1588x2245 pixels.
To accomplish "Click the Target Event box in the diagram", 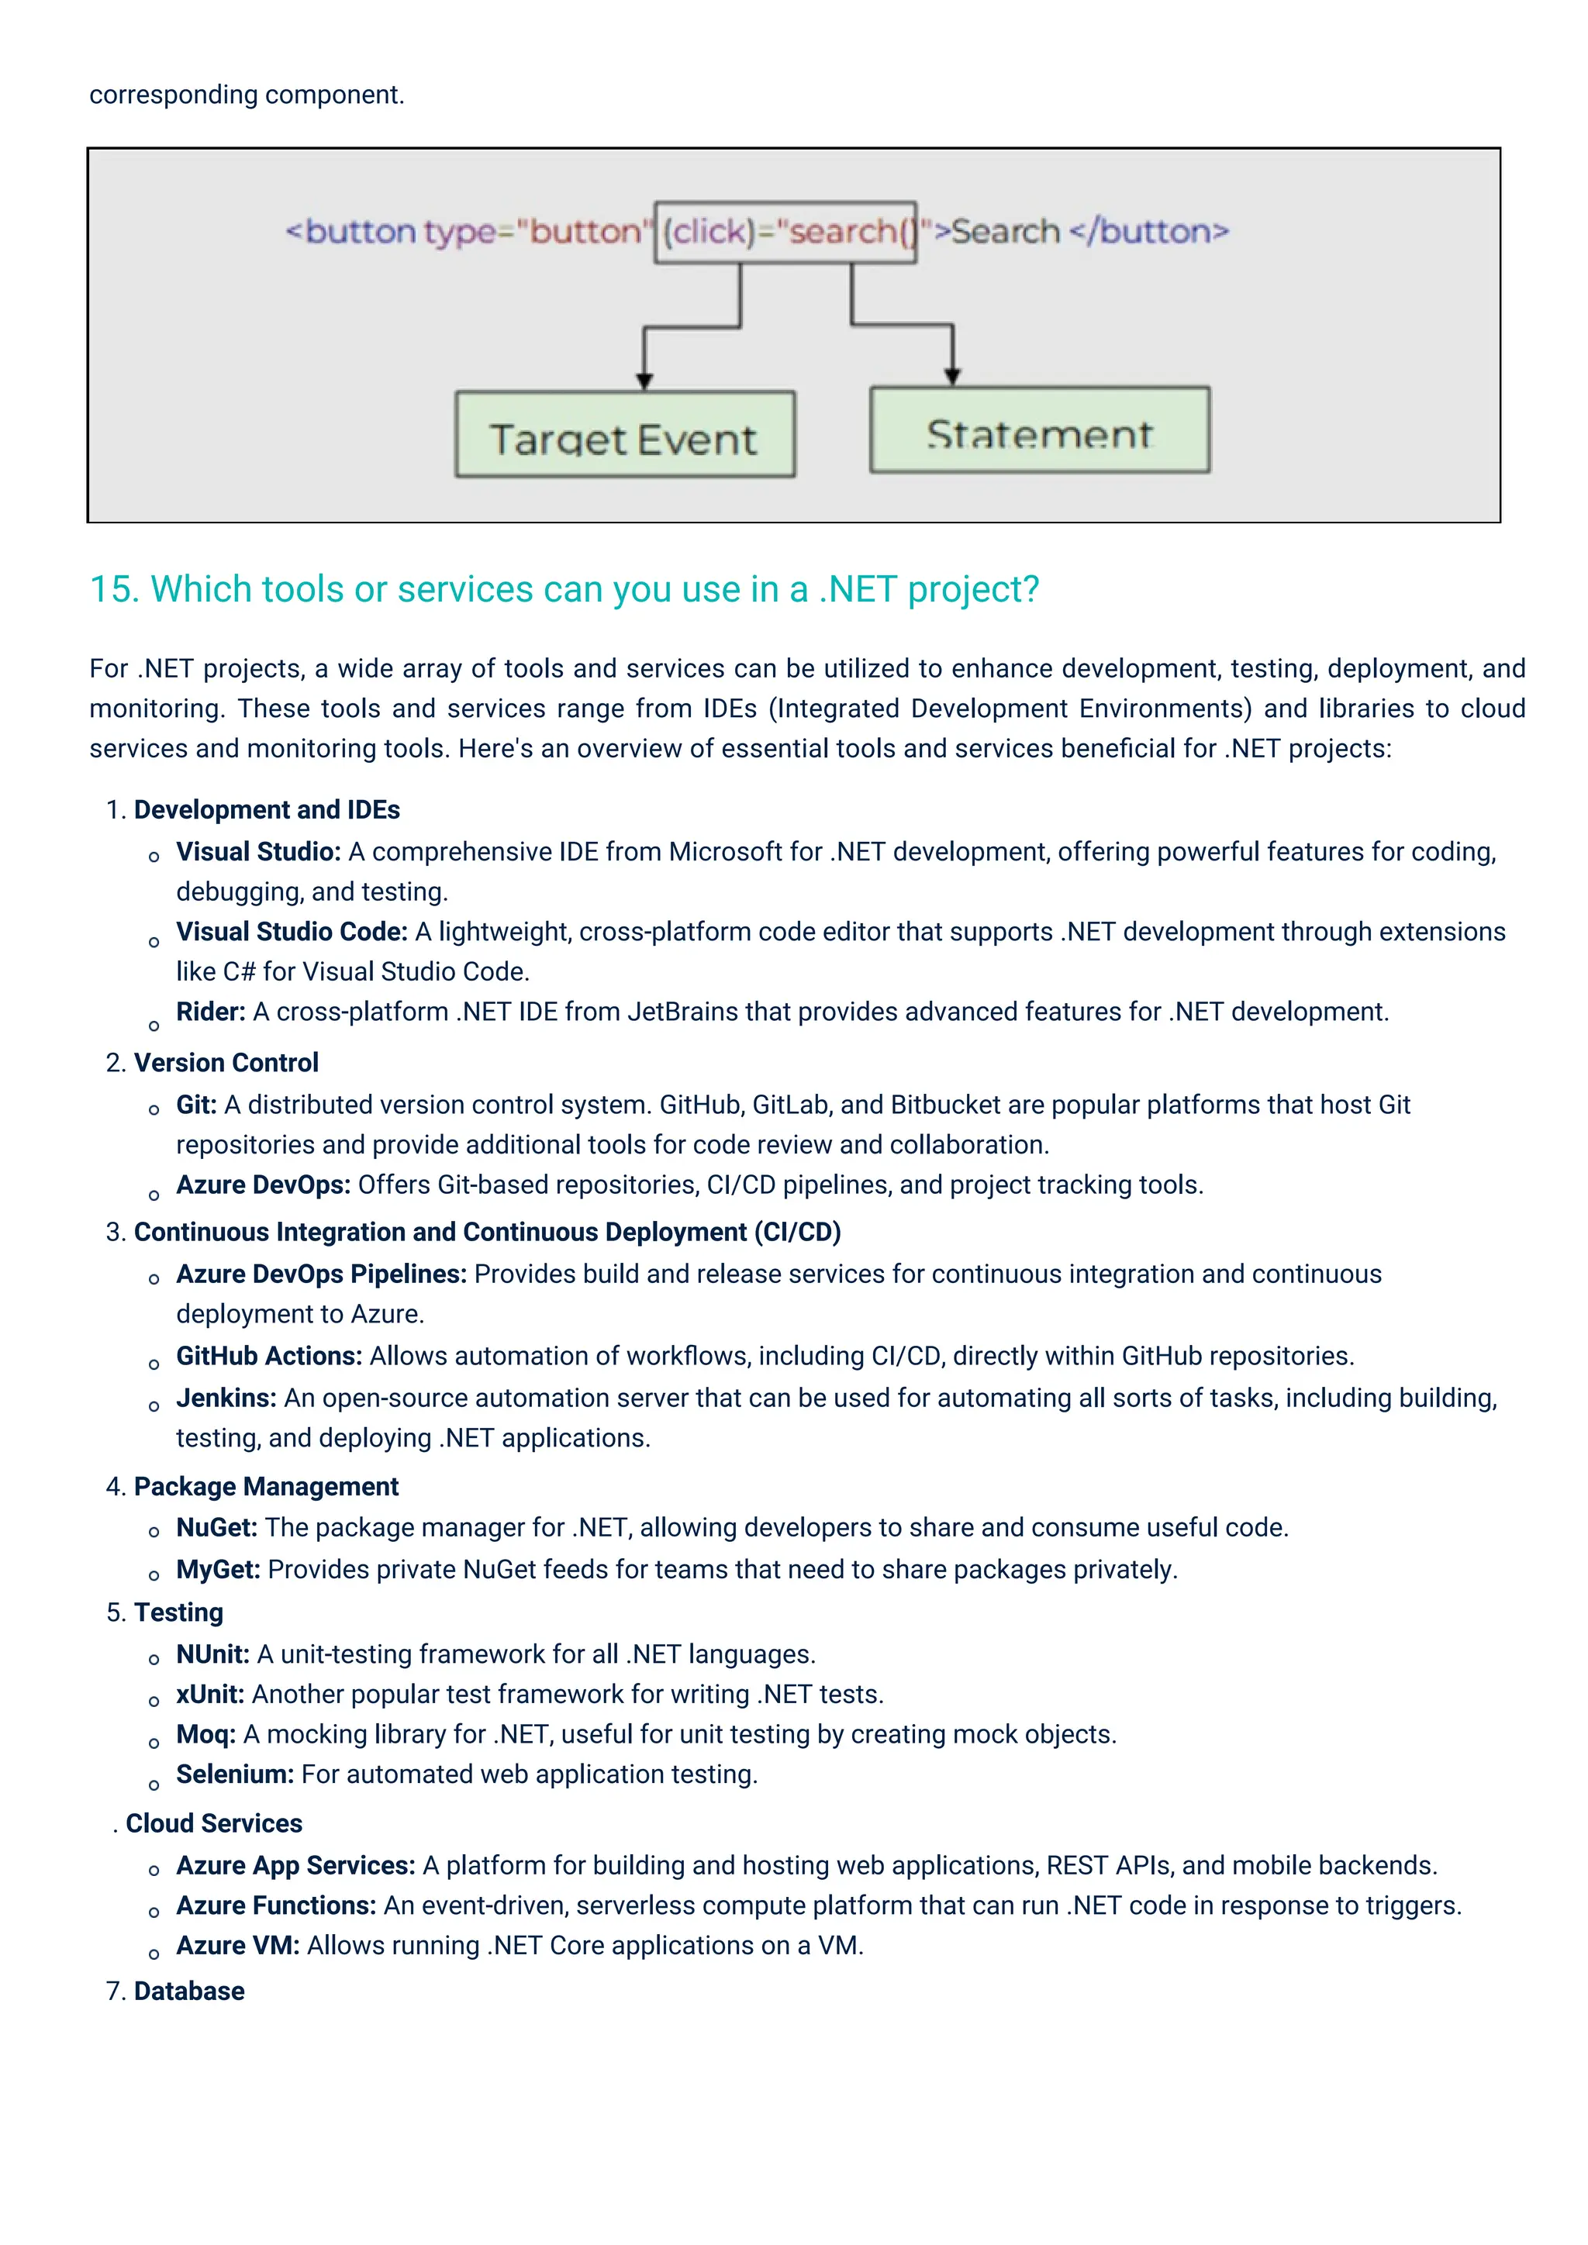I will tap(624, 435).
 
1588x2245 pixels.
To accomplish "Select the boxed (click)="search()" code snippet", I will tap(785, 233).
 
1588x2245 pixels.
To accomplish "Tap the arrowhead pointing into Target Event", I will tap(644, 381).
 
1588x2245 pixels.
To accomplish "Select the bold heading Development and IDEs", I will tap(266, 809).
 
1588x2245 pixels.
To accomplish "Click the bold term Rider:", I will tap(210, 1011).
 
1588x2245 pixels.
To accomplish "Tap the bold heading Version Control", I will tap(226, 1063).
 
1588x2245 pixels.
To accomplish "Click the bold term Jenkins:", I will tap(226, 1398).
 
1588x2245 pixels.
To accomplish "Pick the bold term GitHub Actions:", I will tap(269, 1356).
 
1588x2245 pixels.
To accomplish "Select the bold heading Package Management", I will tap(266, 1486).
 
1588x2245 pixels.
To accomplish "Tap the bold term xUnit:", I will tap(209, 1695).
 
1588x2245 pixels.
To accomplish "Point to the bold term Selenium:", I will tap(235, 1774).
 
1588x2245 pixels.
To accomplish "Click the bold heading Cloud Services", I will tap(214, 1823).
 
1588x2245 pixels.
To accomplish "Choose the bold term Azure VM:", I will tap(237, 1946).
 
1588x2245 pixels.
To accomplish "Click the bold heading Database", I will tap(188, 1992).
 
